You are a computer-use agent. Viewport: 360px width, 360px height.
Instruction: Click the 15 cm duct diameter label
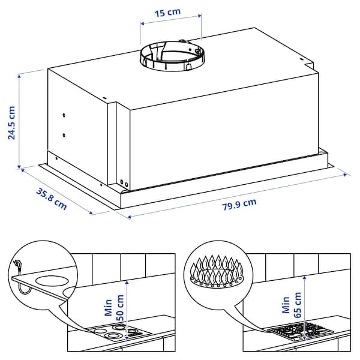[171, 11]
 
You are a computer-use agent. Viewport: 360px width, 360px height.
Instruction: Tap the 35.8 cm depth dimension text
[52, 199]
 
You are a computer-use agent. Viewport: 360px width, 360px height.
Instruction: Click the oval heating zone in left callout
[50, 281]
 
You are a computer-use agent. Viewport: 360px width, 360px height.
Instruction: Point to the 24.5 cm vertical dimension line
[21, 120]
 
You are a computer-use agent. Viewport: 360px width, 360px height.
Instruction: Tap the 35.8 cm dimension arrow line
[57, 191]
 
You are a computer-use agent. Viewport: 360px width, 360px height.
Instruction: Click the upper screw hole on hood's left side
[64, 115]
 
